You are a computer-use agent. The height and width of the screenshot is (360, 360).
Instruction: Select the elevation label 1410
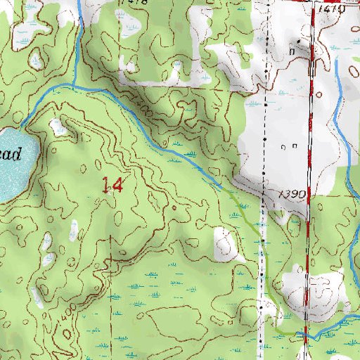(330, 9)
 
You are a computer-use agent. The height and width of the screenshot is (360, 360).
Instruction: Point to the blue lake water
(14, 176)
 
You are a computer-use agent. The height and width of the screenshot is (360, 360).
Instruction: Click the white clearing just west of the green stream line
(226, 244)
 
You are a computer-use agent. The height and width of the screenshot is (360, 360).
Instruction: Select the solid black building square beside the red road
(310, 70)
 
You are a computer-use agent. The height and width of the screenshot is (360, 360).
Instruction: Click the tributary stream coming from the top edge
(81, 35)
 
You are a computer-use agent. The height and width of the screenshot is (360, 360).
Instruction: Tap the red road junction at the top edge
(310, 3)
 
